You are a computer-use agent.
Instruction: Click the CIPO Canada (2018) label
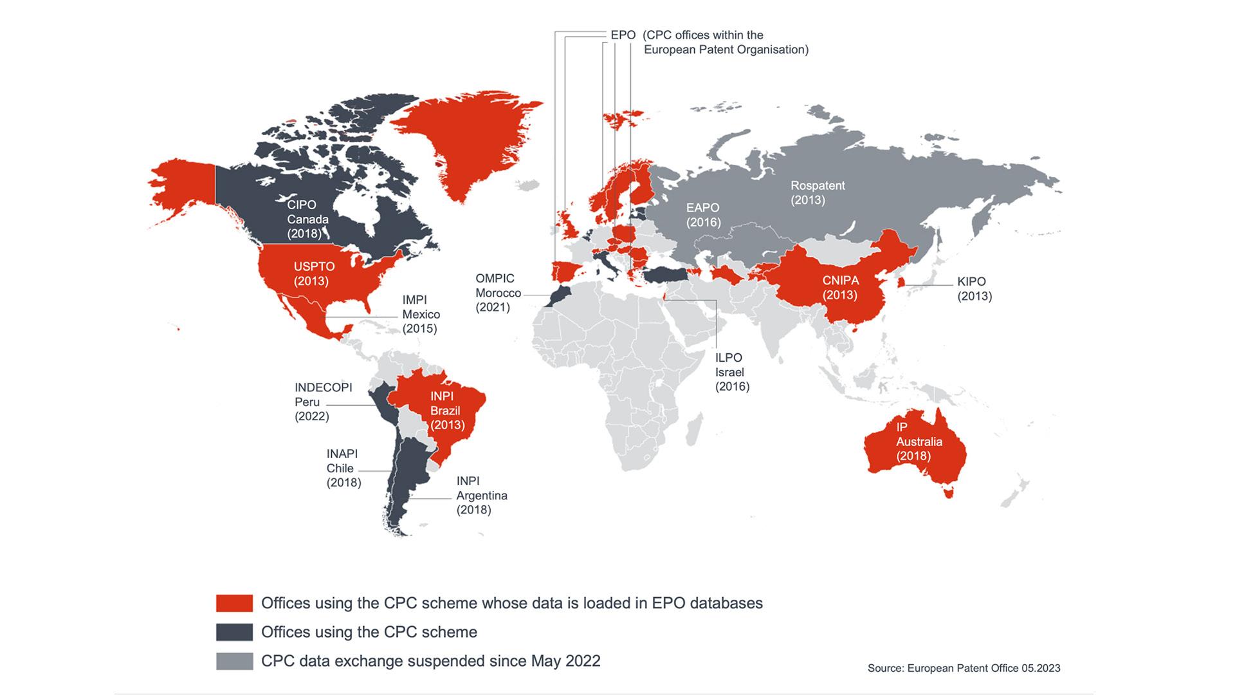click(x=307, y=219)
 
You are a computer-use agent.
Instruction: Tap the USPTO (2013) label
click(x=314, y=273)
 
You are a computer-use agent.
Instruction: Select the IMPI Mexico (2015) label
click(x=421, y=314)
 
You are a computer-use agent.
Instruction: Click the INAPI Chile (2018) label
click(x=343, y=468)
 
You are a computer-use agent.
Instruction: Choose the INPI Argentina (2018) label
click(x=481, y=496)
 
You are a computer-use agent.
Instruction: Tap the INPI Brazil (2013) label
click(x=446, y=411)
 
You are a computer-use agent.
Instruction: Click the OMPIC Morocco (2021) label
click(x=497, y=293)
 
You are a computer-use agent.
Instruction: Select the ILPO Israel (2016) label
click(x=732, y=372)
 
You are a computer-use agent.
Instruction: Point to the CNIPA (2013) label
click(x=840, y=288)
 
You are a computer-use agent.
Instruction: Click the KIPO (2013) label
click(x=974, y=288)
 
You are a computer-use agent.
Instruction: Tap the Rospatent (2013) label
click(x=817, y=192)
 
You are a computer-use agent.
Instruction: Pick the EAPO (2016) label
click(x=702, y=215)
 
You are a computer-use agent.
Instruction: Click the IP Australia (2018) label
click(x=919, y=441)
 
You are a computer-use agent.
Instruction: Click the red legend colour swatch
click(x=234, y=603)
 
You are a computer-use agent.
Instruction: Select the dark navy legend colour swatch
click(x=234, y=632)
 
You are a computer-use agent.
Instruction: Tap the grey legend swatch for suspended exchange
click(x=234, y=661)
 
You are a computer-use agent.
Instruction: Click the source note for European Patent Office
click(x=964, y=668)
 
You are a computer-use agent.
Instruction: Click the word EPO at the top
click(x=623, y=35)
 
